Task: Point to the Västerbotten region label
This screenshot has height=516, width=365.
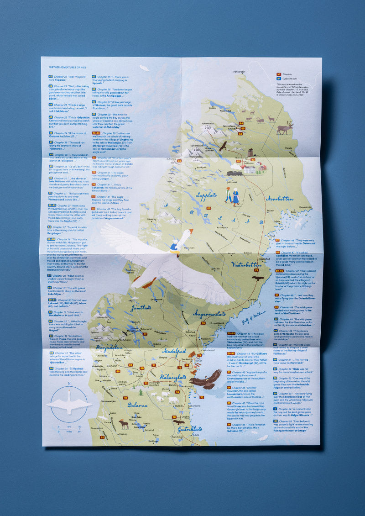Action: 245,264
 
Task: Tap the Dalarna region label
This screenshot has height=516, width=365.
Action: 137,405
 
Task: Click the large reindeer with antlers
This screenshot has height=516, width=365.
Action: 285,127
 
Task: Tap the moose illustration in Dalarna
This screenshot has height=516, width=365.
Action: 124,424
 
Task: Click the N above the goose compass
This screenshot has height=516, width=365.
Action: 69,384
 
